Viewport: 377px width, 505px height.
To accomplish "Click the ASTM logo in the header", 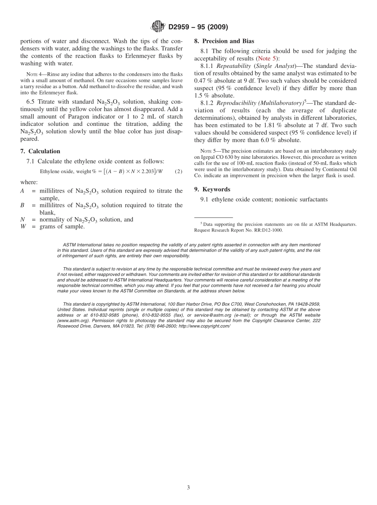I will pyautogui.click(x=158, y=27).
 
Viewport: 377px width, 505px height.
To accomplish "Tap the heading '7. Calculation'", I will pyautogui.click(x=40, y=151).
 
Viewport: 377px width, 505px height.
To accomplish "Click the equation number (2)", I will pyautogui.click(x=179, y=172).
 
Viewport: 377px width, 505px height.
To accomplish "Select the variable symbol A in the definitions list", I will pyautogui.click(x=22, y=191).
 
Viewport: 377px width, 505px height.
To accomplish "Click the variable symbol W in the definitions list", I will pyautogui.click(x=23, y=227).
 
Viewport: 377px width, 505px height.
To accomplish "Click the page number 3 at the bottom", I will pyautogui.click(x=188, y=488).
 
